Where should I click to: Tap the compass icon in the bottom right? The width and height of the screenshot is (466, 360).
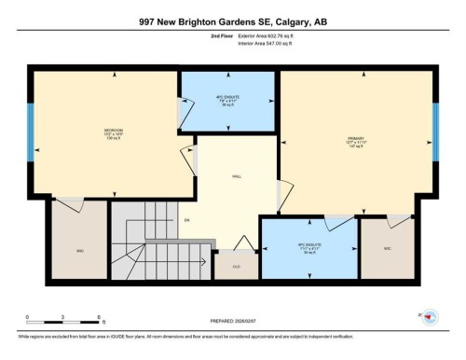[x=430, y=318]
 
